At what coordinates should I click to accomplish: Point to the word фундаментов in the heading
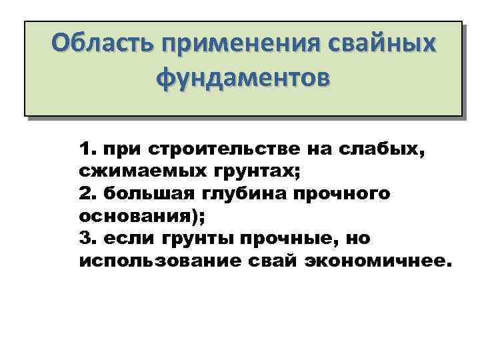click(x=243, y=79)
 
